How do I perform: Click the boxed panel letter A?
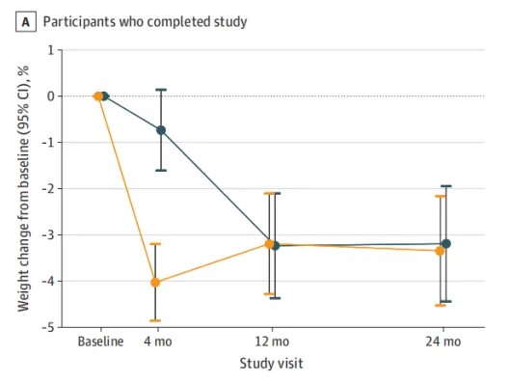point(26,22)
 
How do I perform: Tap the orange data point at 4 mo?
point(155,283)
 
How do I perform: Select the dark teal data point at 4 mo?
point(161,130)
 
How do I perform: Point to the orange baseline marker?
point(98,96)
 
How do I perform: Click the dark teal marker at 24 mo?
point(446,244)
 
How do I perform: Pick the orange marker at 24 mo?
point(440,251)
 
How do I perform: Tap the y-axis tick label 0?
point(51,96)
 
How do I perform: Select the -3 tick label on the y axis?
point(48,235)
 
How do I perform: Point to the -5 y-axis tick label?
point(48,327)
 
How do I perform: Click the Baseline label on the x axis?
point(100,342)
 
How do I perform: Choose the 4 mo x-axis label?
point(158,342)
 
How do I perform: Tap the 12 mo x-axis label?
point(272,342)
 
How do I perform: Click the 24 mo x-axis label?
point(443,342)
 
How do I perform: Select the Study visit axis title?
point(271,363)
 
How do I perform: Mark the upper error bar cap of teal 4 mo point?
point(161,90)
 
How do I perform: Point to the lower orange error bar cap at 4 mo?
point(155,321)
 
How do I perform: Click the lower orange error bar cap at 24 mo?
point(440,305)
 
